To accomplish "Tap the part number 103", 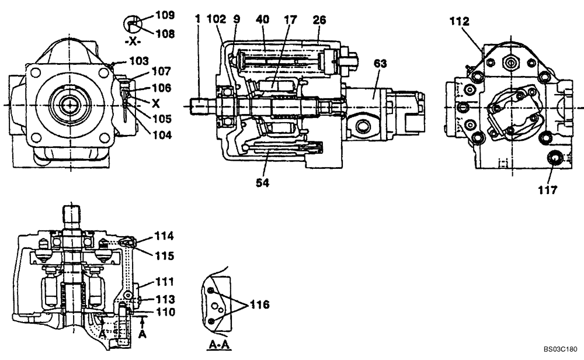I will coord(140,60).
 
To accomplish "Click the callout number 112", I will coord(458,21).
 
